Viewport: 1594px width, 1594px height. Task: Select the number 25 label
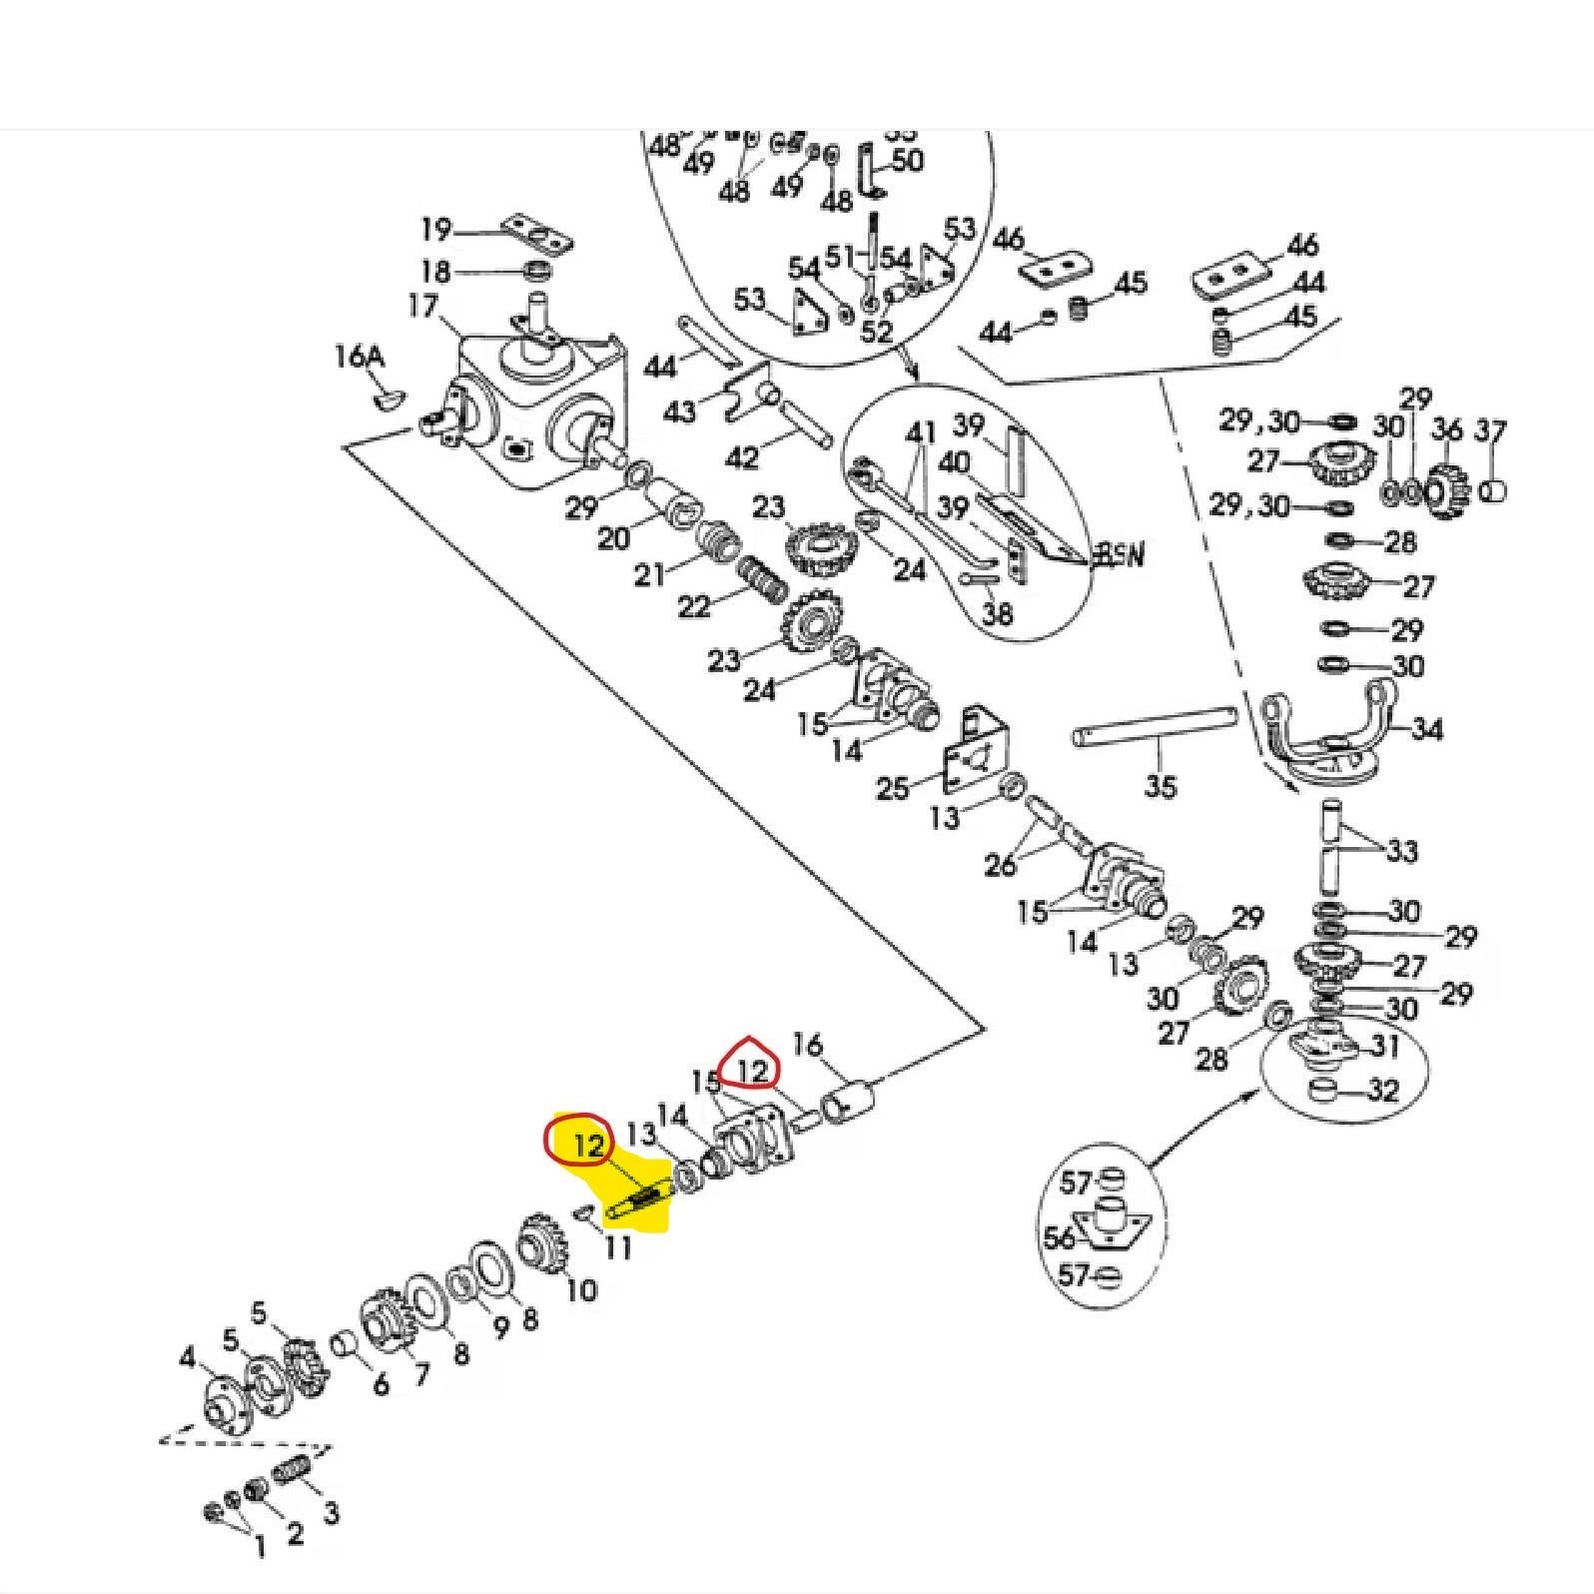[892, 788]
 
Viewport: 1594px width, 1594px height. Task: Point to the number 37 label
[1490, 430]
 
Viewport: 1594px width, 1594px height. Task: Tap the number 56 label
[1059, 1237]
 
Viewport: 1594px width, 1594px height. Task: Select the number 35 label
[1160, 786]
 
